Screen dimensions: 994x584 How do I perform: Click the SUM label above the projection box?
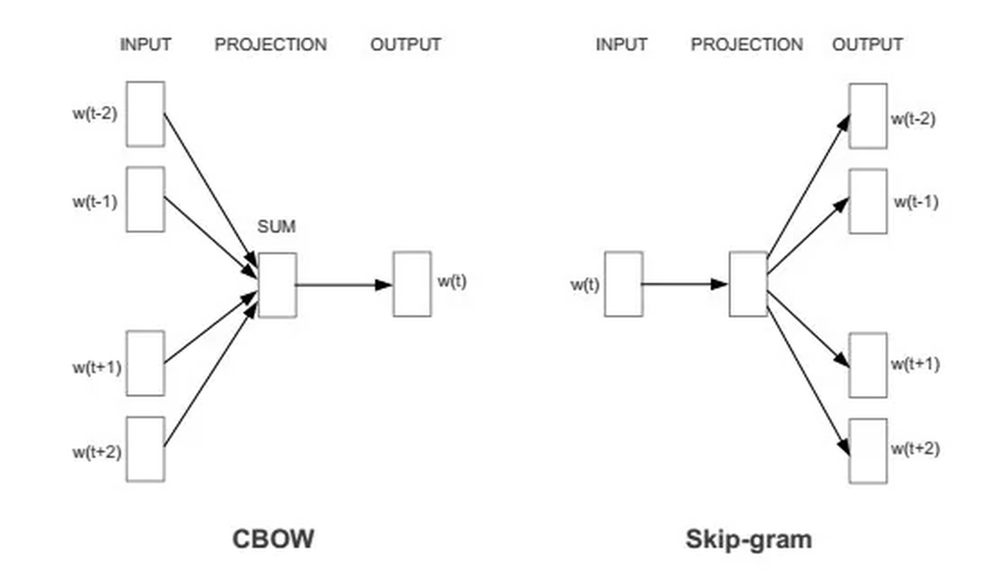(x=276, y=226)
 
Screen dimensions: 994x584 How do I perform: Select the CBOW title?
(x=273, y=539)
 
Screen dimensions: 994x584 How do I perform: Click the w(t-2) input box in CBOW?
(x=145, y=114)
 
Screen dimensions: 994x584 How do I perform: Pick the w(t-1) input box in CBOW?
(x=145, y=200)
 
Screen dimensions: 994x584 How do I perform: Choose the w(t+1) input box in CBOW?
(x=145, y=364)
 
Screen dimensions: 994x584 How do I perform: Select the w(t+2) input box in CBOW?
(x=145, y=449)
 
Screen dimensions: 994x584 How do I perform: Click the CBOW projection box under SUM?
(x=277, y=285)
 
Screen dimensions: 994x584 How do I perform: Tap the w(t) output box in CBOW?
(x=412, y=284)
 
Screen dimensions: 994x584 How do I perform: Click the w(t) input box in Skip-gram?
(x=624, y=284)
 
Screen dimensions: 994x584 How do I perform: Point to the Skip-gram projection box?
(x=748, y=284)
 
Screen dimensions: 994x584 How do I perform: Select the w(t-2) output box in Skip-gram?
(x=868, y=116)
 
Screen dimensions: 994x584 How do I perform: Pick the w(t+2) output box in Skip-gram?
(x=868, y=451)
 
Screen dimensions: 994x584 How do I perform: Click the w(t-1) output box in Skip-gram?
(x=868, y=201)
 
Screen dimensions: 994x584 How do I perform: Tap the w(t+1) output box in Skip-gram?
(x=868, y=365)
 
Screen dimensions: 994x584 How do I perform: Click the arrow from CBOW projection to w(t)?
(x=344, y=285)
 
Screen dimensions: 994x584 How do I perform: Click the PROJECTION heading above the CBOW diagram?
(x=271, y=45)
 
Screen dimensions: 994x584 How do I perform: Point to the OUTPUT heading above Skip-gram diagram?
(x=867, y=45)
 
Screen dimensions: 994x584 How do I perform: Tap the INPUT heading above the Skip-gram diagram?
(x=621, y=45)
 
